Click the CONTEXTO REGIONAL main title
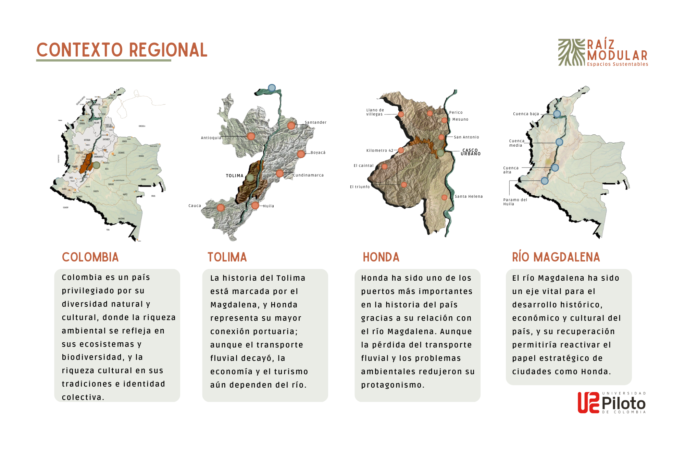point(122,50)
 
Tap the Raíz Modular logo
point(603,52)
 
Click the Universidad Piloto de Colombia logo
point(612,403)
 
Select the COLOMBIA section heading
point(90,257)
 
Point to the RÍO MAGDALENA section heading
point(556,257)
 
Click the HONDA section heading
point(381,257)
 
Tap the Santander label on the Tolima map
point(315,122)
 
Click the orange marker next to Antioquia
point(251,136)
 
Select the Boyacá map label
point(318,153)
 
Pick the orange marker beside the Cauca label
point(221,208)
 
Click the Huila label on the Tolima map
point(269,206)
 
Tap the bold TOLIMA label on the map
point(235,176)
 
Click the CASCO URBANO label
point(471,152)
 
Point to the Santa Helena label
point(469,196)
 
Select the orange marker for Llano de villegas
point(401,114)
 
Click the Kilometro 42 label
point(380,150)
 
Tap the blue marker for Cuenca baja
point(557,114)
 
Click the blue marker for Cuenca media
point(559,142)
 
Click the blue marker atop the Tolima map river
point(272,88)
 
